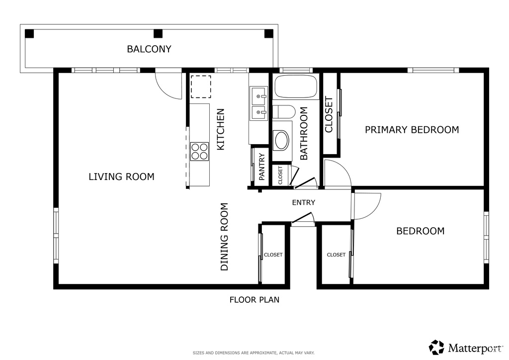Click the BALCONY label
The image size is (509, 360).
click(x=149, y=49)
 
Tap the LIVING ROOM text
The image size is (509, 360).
click(x=121, y=177)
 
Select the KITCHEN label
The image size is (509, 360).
click(x=220, y=129)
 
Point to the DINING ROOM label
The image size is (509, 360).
click(x=224, y=237)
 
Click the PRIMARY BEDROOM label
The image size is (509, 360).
click(x=412, y=130)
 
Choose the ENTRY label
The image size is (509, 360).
click(x=304, y=202)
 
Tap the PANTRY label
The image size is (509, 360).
click(x=262, y=167)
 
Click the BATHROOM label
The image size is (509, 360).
click(x=304, y=133)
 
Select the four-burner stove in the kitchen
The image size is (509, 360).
click(x=199, y=152)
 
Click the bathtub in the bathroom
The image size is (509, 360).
click(x=296, y=87)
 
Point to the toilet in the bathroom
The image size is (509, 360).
click(x=283, y=112)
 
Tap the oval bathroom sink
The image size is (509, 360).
click(x=282, y=140)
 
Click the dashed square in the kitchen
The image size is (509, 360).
click(x=201, y=87)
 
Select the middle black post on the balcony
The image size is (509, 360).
click(x=158, y=33)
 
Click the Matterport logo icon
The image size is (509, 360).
click(x=436, y=348)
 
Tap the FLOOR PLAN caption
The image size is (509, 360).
click(x=254, y=300)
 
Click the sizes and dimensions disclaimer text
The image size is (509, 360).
click(x=254, y=353)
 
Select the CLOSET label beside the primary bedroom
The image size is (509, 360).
click(x=329, y=114)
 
